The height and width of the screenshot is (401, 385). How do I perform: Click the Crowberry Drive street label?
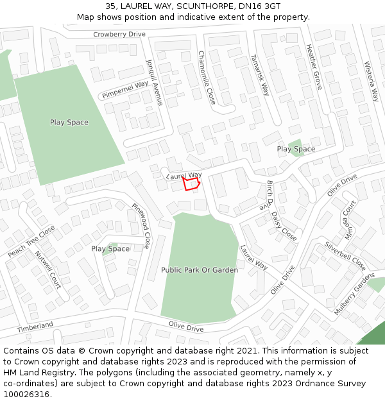coord(119,34)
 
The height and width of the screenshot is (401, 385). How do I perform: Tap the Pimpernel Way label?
coord(124,90)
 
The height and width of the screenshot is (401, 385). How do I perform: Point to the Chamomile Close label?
coord(206,78)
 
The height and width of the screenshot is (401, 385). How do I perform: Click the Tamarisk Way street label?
coord(261,74)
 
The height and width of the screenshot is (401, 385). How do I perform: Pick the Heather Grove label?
coord(314,66)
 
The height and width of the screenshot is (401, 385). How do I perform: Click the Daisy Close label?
coord(284,226)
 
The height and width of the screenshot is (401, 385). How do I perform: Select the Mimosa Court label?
coord(350,219)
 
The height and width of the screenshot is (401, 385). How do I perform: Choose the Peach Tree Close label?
coord(31,241)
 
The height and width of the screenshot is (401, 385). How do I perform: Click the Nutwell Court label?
coord(47,269)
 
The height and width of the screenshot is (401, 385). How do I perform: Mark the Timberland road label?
coord(35,327)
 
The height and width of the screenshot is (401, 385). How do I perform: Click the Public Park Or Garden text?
coord(200,270)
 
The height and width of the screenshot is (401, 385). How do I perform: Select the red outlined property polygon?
coord(191,184)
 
